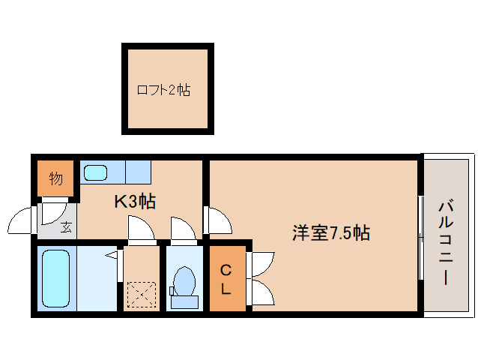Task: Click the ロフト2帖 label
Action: [163, 91]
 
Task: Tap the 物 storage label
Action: [56, 178]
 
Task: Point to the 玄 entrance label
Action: [66, 226]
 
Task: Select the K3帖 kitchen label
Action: [135, 202]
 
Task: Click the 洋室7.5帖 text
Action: [330, 232]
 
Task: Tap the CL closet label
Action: [226, 278]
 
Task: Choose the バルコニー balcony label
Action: [448, 241]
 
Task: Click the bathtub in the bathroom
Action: [56, 277]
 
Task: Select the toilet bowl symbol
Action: [183, 283]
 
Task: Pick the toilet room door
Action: [183, 229]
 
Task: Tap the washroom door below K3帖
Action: [141, 229]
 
